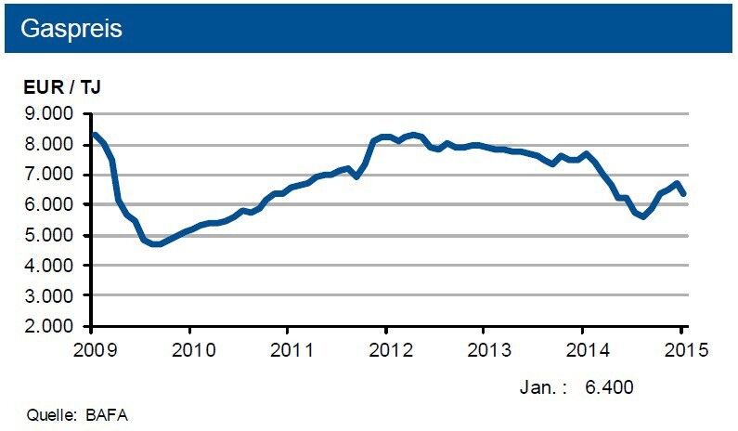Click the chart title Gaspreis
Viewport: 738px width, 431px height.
71,27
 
